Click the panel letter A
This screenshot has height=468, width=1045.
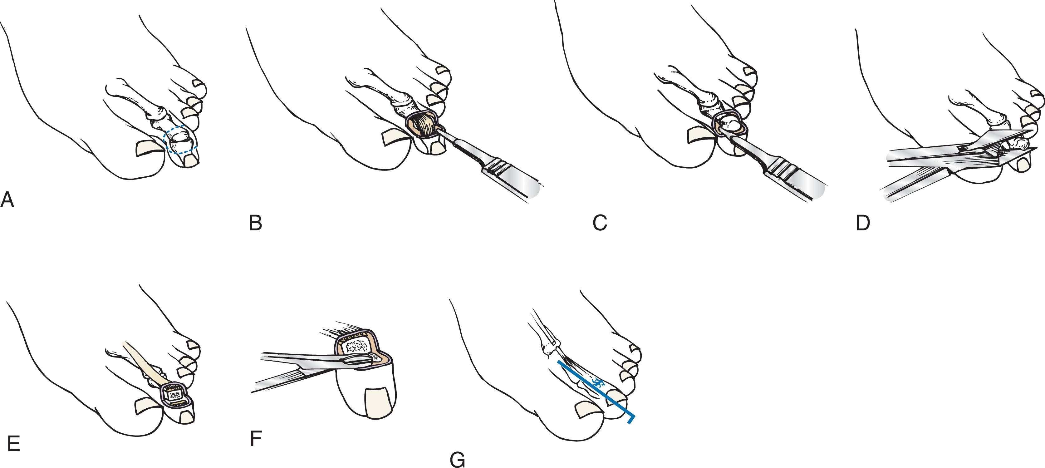tap(7, 200)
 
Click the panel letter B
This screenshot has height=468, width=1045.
tap(255, 223)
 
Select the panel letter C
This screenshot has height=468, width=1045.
tap(600, 223)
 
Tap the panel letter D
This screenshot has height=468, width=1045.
tap(863, 223)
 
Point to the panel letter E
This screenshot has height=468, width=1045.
tap(13, 444)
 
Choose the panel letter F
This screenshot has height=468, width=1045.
tap(256, 438)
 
